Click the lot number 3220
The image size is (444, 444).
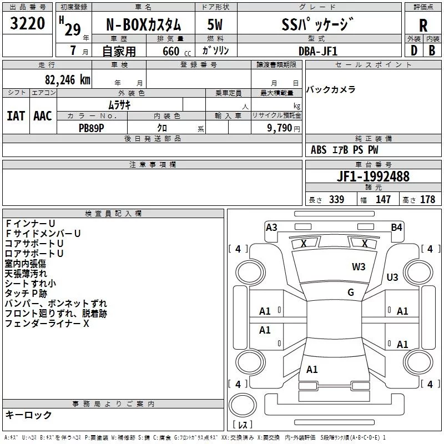28,23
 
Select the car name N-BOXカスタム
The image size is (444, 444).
144,24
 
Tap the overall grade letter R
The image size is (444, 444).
423,24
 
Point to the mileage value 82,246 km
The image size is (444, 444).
64,79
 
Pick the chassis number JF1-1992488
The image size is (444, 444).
373,176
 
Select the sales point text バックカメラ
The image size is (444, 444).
331,89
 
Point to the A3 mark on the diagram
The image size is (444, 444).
271,227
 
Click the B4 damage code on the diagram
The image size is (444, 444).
396,227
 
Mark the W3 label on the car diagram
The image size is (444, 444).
359,266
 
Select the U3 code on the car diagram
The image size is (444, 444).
392,277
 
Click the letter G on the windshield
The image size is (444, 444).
350,292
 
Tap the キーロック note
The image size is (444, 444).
28,415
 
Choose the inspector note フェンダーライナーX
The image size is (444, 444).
47,323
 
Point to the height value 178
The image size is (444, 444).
427,200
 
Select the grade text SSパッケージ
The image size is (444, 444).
317,24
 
